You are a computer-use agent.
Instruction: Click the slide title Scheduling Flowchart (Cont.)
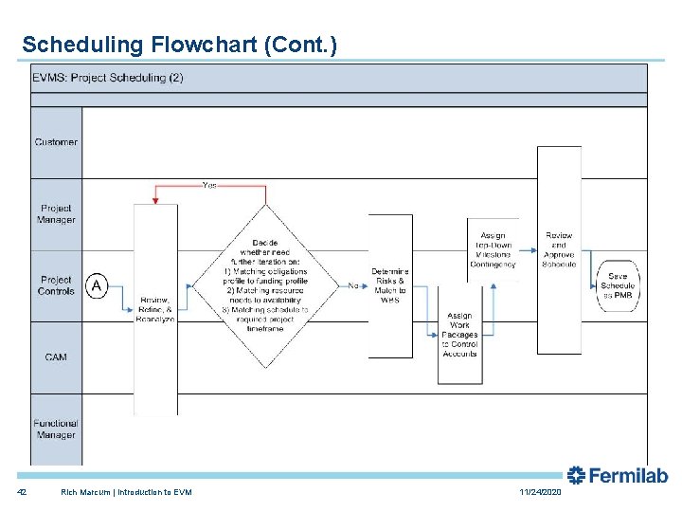(179, 45)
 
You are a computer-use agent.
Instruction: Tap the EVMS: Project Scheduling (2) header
(108, 78)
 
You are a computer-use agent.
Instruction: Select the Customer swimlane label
(56, 142)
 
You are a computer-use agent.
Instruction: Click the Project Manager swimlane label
(56, 214)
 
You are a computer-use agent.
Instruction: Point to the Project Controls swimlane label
(56, 285)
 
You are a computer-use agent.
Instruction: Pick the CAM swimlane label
(56, 357)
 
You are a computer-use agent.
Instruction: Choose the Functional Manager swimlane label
(56, 429)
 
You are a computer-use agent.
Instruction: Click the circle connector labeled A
(97, 285)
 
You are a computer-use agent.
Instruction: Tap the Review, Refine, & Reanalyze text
(155, 309)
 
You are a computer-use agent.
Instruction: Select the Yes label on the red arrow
(209, 185)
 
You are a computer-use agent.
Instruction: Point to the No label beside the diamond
(353, 285)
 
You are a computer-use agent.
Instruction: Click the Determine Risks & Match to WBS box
(389, 285)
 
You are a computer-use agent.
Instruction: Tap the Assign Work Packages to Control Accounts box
(459, 335)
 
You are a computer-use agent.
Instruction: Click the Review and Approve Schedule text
(559, 250)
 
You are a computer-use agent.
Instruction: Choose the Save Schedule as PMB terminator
(618, 285)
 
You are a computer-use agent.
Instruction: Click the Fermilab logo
(617, 476)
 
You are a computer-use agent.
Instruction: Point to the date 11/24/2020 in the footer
(540, 493)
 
